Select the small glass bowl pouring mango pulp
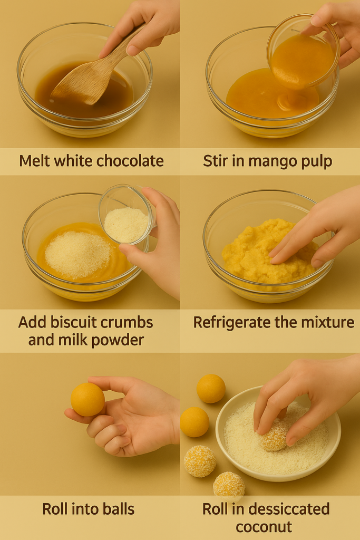[x=303, y=51]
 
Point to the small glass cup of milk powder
[x=127, y=215]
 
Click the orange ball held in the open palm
[x=87, y=399]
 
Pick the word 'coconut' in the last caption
[x=264, y=527]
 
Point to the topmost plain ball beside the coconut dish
[x=211, y=389]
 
